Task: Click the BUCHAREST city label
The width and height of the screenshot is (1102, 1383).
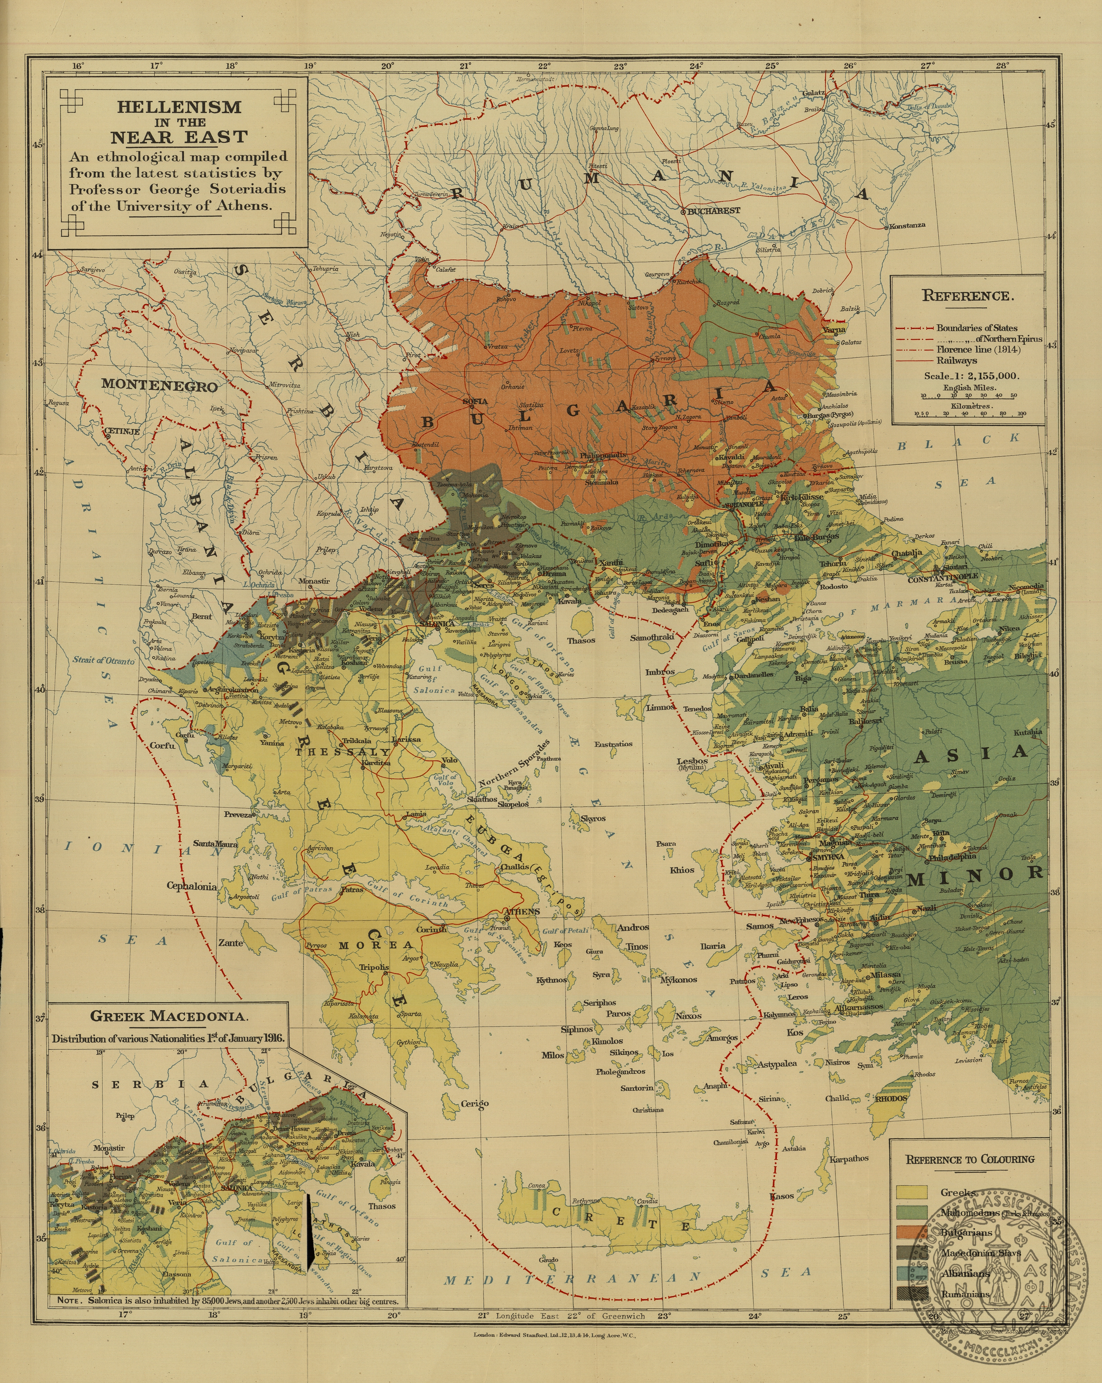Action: coord(714,210)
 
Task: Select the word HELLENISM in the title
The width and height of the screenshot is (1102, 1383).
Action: coord(179,107)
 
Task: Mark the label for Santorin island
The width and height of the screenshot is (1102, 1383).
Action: coord(637,1088)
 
